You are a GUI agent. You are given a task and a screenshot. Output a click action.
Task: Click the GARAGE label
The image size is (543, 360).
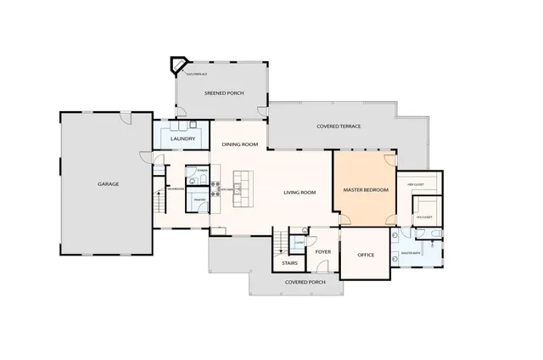point(108,183)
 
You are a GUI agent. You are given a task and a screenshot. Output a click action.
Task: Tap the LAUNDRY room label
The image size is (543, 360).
point(184,138)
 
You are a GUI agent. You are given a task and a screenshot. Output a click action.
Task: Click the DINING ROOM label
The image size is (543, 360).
point(239,144)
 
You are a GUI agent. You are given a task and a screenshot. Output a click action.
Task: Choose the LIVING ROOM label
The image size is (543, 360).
point(299,193)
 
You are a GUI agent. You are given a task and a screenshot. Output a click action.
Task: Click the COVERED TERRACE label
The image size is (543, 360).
point(339,127)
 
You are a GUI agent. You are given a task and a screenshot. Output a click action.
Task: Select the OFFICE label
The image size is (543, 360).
point(366,255)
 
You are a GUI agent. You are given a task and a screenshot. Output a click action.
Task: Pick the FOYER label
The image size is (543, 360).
point(322,251)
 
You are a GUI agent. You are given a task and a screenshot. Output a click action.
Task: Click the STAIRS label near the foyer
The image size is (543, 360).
point(288,264)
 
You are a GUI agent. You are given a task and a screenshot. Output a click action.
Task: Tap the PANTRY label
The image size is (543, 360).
point(199,200)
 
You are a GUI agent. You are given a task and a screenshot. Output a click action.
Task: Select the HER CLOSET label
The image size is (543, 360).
point(416,183)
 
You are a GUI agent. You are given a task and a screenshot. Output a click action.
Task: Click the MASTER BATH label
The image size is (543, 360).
point(411,253)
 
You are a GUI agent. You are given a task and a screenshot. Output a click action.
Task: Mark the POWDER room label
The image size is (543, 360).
point(201,171)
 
